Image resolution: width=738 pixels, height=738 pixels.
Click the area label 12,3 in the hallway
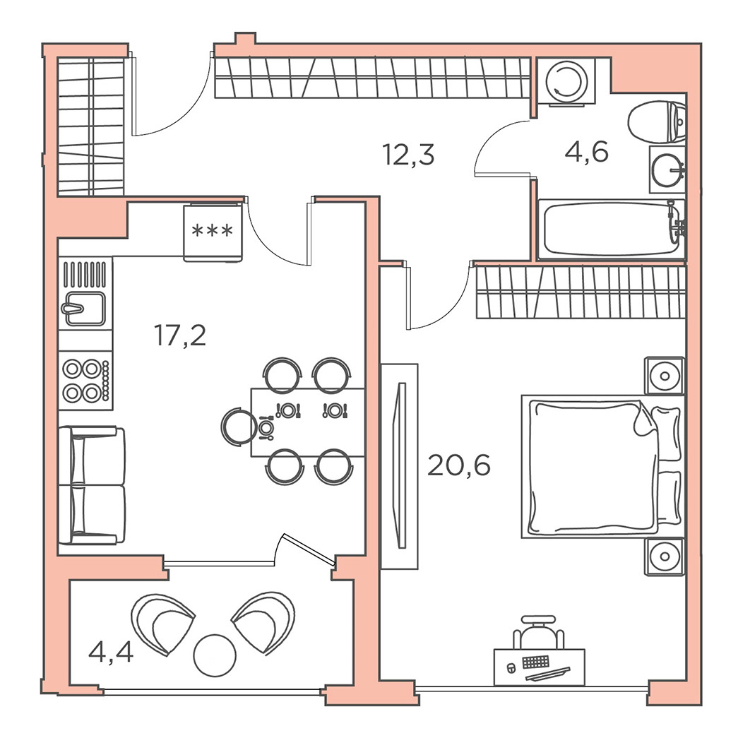[408, 155]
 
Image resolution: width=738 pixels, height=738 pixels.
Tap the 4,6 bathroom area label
[586, 152]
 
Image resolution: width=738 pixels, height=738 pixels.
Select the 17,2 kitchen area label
[180, 335]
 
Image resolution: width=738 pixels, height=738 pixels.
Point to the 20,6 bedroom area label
[459, 465]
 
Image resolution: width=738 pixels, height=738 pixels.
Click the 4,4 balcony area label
[111, 653]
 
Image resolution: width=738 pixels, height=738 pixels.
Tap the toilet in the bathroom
[657, 121]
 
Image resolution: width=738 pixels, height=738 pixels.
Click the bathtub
[611, 230]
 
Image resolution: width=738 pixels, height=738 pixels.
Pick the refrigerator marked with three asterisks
[213, 232]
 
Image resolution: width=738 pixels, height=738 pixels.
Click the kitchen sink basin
[85, 309]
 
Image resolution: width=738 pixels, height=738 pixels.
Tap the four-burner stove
[85, 380]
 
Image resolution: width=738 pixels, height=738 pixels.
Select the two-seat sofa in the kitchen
[92, 485]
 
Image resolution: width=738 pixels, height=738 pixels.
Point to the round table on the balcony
[215, 655]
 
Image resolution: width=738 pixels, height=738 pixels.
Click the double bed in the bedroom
[602, 466]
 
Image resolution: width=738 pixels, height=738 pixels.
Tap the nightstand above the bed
[664, 376]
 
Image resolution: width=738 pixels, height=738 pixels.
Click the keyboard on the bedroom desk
[536, 662]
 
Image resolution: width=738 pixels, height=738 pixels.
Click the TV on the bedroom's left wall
[401, 465]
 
